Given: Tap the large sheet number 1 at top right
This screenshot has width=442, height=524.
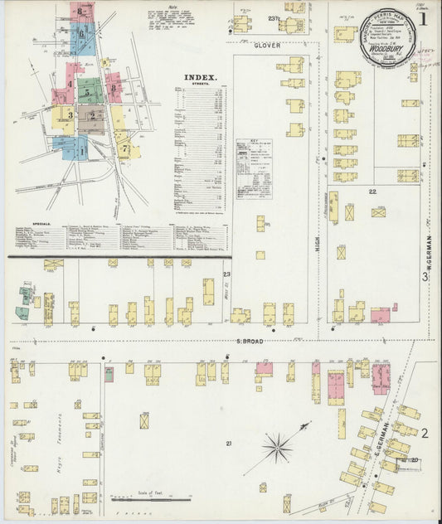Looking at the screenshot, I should (423, 18).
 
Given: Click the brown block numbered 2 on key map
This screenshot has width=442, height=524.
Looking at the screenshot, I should (91, 118).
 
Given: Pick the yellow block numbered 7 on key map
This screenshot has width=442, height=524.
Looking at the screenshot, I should (125, 149).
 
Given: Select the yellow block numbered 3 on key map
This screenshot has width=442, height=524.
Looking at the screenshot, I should (62, 116).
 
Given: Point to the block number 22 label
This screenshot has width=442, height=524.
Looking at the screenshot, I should (372, 192).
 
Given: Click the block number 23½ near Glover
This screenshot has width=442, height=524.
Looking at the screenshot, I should (273, 18).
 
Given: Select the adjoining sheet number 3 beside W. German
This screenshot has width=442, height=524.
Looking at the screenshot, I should (425, 277).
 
